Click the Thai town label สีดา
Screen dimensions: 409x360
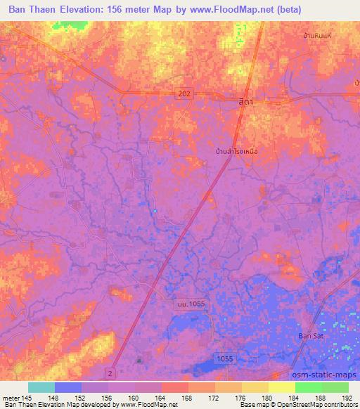pyautogui.click(x=246, y=102)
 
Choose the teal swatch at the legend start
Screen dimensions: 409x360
pyautogui.click(x=41, y=387)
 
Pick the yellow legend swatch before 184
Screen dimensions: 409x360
pyautogui.click(x=281, y=387)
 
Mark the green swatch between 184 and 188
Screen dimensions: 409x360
pyautogui.click(x=308, y=387)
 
